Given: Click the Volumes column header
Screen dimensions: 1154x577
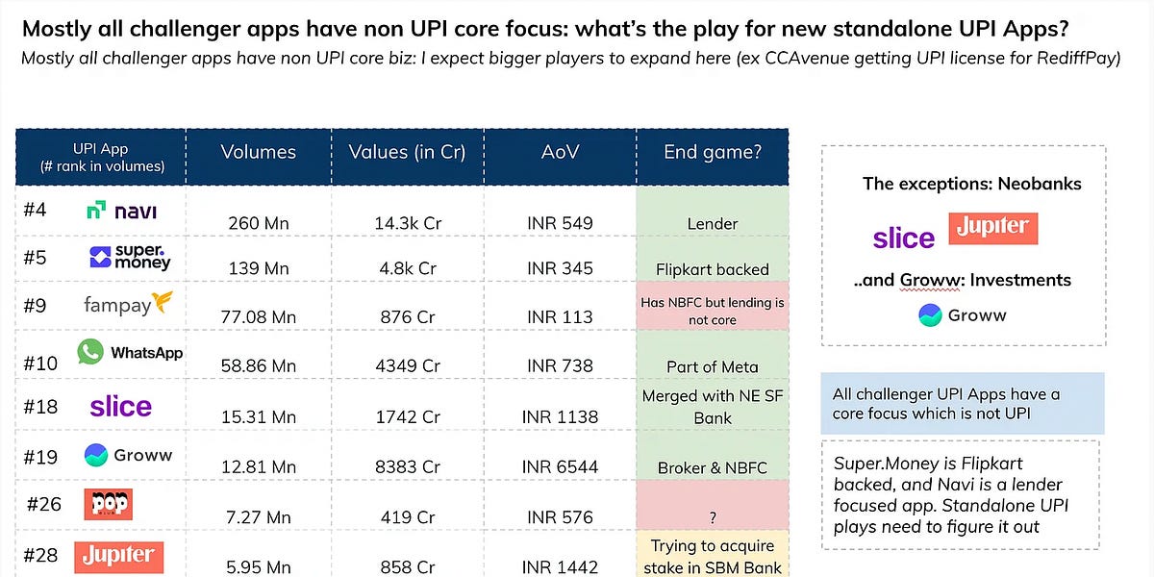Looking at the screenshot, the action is (258, 152).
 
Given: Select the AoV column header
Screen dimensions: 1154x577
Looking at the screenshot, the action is (560, 152).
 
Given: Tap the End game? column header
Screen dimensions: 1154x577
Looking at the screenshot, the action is (713, 152).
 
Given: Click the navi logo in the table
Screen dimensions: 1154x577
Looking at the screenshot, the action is (121, 211).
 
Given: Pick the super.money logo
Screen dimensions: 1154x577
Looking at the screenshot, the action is (130, 257).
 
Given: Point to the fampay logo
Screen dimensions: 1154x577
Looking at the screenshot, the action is (128, 304).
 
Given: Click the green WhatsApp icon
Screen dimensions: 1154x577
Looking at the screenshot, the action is (90, 352).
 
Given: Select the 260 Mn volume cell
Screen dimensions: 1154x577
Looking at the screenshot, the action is (259, 223).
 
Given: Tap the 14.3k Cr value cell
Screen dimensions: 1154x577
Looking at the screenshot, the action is (408, 223).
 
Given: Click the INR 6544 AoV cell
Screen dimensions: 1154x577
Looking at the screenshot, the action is (560, 466).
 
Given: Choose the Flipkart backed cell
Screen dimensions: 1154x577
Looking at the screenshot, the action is (713, 269).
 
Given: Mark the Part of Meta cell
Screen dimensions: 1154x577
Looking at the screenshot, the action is (713, 366).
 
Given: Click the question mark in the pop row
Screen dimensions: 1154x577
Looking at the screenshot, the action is (713, 517).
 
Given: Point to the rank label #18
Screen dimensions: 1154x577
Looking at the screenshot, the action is (40, 407).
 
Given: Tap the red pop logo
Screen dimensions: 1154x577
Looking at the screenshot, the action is (108, 504).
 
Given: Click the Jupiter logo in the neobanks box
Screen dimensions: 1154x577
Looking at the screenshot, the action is (993, 228).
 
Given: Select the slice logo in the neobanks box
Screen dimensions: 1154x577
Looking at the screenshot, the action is (904, 238).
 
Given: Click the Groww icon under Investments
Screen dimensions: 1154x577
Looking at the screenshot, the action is (931, 315).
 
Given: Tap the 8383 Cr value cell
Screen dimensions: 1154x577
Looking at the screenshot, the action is (408, 466).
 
